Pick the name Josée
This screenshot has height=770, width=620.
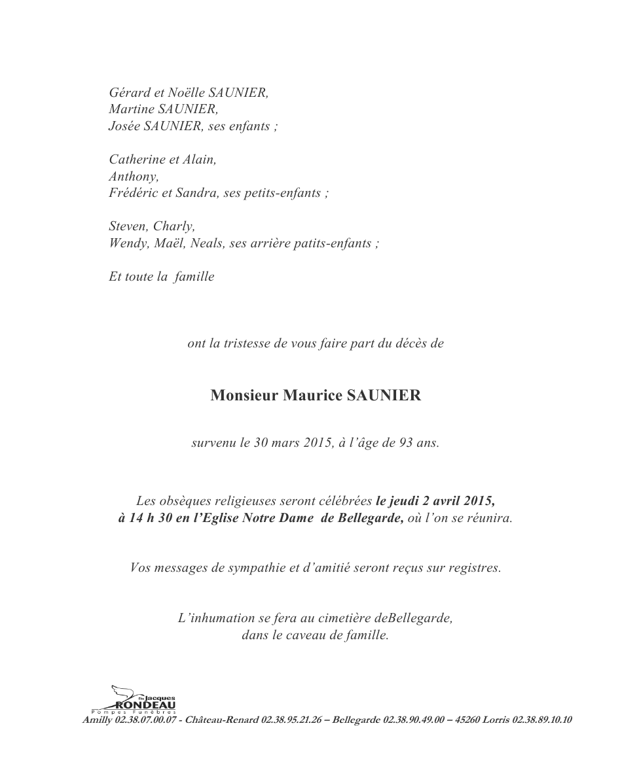[124, 126]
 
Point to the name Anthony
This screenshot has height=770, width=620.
[134, 177]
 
